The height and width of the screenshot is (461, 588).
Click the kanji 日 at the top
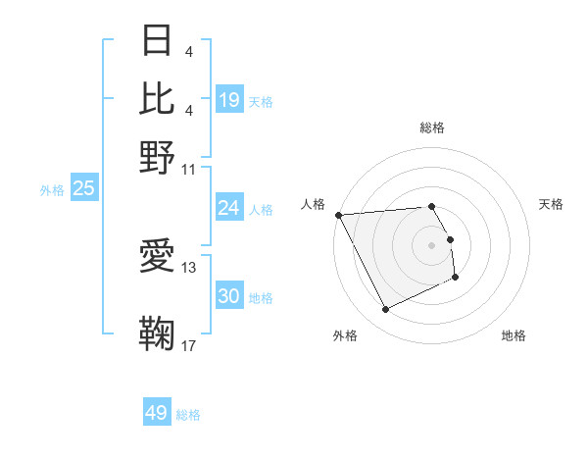pyautogui.click(x=158, y=40)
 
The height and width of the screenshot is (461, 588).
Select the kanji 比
pyautogui.click(x=158, y=98)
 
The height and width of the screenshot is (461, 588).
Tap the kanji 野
pyautogui.click(x=158, y=156)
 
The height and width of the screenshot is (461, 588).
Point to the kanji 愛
pyautogui.click(x=158, y=256)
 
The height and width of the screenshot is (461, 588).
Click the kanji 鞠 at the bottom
pyautogui.click(x=158, y=334)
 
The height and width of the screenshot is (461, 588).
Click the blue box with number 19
pyautogui.click(x=229, y=100)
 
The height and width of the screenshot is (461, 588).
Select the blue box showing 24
pyautogui.click(x=229, y=208)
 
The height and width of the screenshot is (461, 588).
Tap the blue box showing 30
pyautogui.click(x=229, y=297)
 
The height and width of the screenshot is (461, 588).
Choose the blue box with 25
pyautogui.click(x=84, y=188)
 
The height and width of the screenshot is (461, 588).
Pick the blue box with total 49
pyautogui.click(x=157, y=413)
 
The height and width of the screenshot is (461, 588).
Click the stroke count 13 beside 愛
pyautogui.click(x=189, y=267)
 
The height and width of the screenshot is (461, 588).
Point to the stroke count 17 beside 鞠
pyautogui.click(x=189, y=345)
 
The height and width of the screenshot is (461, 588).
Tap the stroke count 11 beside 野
pyautogui.click(x=189, y=168)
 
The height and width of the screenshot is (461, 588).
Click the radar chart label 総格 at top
pyautogui.click(x=432, y=128)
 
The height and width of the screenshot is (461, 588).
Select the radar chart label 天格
pyautogui.click(x=551, y=204)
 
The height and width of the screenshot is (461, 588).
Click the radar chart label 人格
pyautogui.click(x=314, y=204)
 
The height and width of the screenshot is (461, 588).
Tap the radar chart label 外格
pyautogui.click(x=345, y=335)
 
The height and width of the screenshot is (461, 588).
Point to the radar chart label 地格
pyautogui.click(x=514, y=335)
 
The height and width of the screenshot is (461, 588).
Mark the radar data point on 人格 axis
pyautogui.click(x=338, y=215)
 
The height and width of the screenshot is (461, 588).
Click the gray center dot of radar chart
pyautogui.click(x=431, y=244)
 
